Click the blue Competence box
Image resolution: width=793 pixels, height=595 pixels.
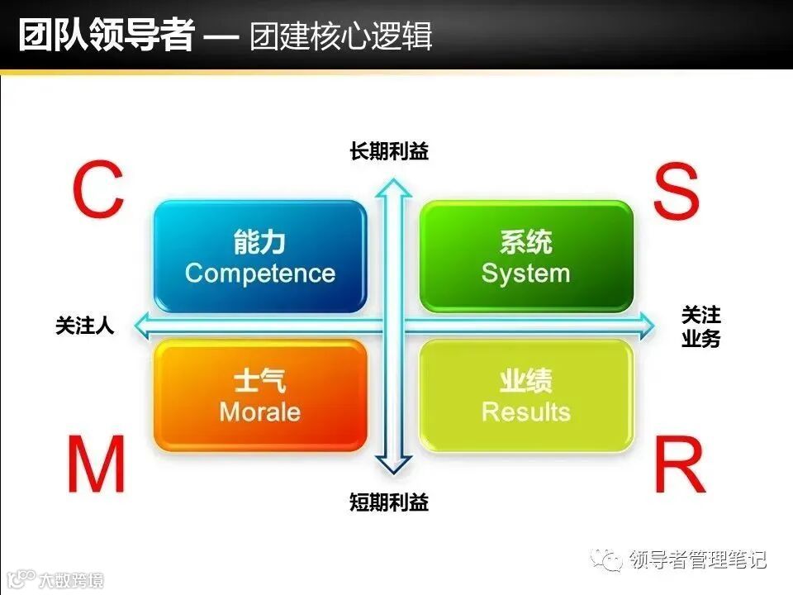click(260, 256)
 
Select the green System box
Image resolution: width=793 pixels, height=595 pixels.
click(526, 256)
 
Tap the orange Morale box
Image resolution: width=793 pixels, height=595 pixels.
click(260, 395)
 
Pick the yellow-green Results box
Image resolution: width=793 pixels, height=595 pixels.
click(526, 395)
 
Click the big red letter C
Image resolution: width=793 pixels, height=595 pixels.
click(98, 191)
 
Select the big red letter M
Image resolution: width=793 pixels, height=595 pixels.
click(97, 465)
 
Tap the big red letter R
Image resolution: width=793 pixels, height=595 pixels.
click(679, 465)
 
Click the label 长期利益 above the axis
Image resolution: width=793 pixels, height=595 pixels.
click(389, 152)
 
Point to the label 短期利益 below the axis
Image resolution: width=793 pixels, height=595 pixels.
click(389, 502)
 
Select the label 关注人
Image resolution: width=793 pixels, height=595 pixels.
click(84, 326)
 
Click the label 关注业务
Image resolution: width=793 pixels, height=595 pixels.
click(700, 326)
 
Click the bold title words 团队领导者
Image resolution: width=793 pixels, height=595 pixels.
click(107, 36)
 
